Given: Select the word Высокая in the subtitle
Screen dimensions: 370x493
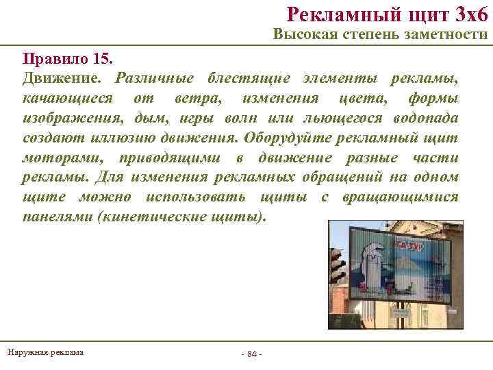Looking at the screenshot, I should point(301,35).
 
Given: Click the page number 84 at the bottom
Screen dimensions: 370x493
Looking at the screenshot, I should point(251,354).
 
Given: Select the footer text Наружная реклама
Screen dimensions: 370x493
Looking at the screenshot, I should point(45,352).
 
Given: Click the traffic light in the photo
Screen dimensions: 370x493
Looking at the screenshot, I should point(338,264).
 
